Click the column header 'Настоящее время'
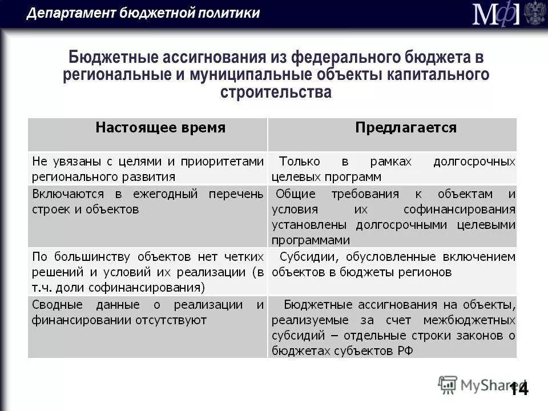(160, 127)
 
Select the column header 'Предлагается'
(406, 127)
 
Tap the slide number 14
(519, 389)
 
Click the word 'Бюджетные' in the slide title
(114, 58)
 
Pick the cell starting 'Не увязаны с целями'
(148, 168)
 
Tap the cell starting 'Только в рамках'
(393, 168)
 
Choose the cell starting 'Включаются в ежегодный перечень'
(148, 202)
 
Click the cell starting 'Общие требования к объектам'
(393, 216)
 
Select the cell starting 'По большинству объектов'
(148, 272)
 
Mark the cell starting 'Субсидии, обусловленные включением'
(393, 264)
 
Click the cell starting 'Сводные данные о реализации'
(148, 312)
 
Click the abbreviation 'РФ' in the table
(402, 350)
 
